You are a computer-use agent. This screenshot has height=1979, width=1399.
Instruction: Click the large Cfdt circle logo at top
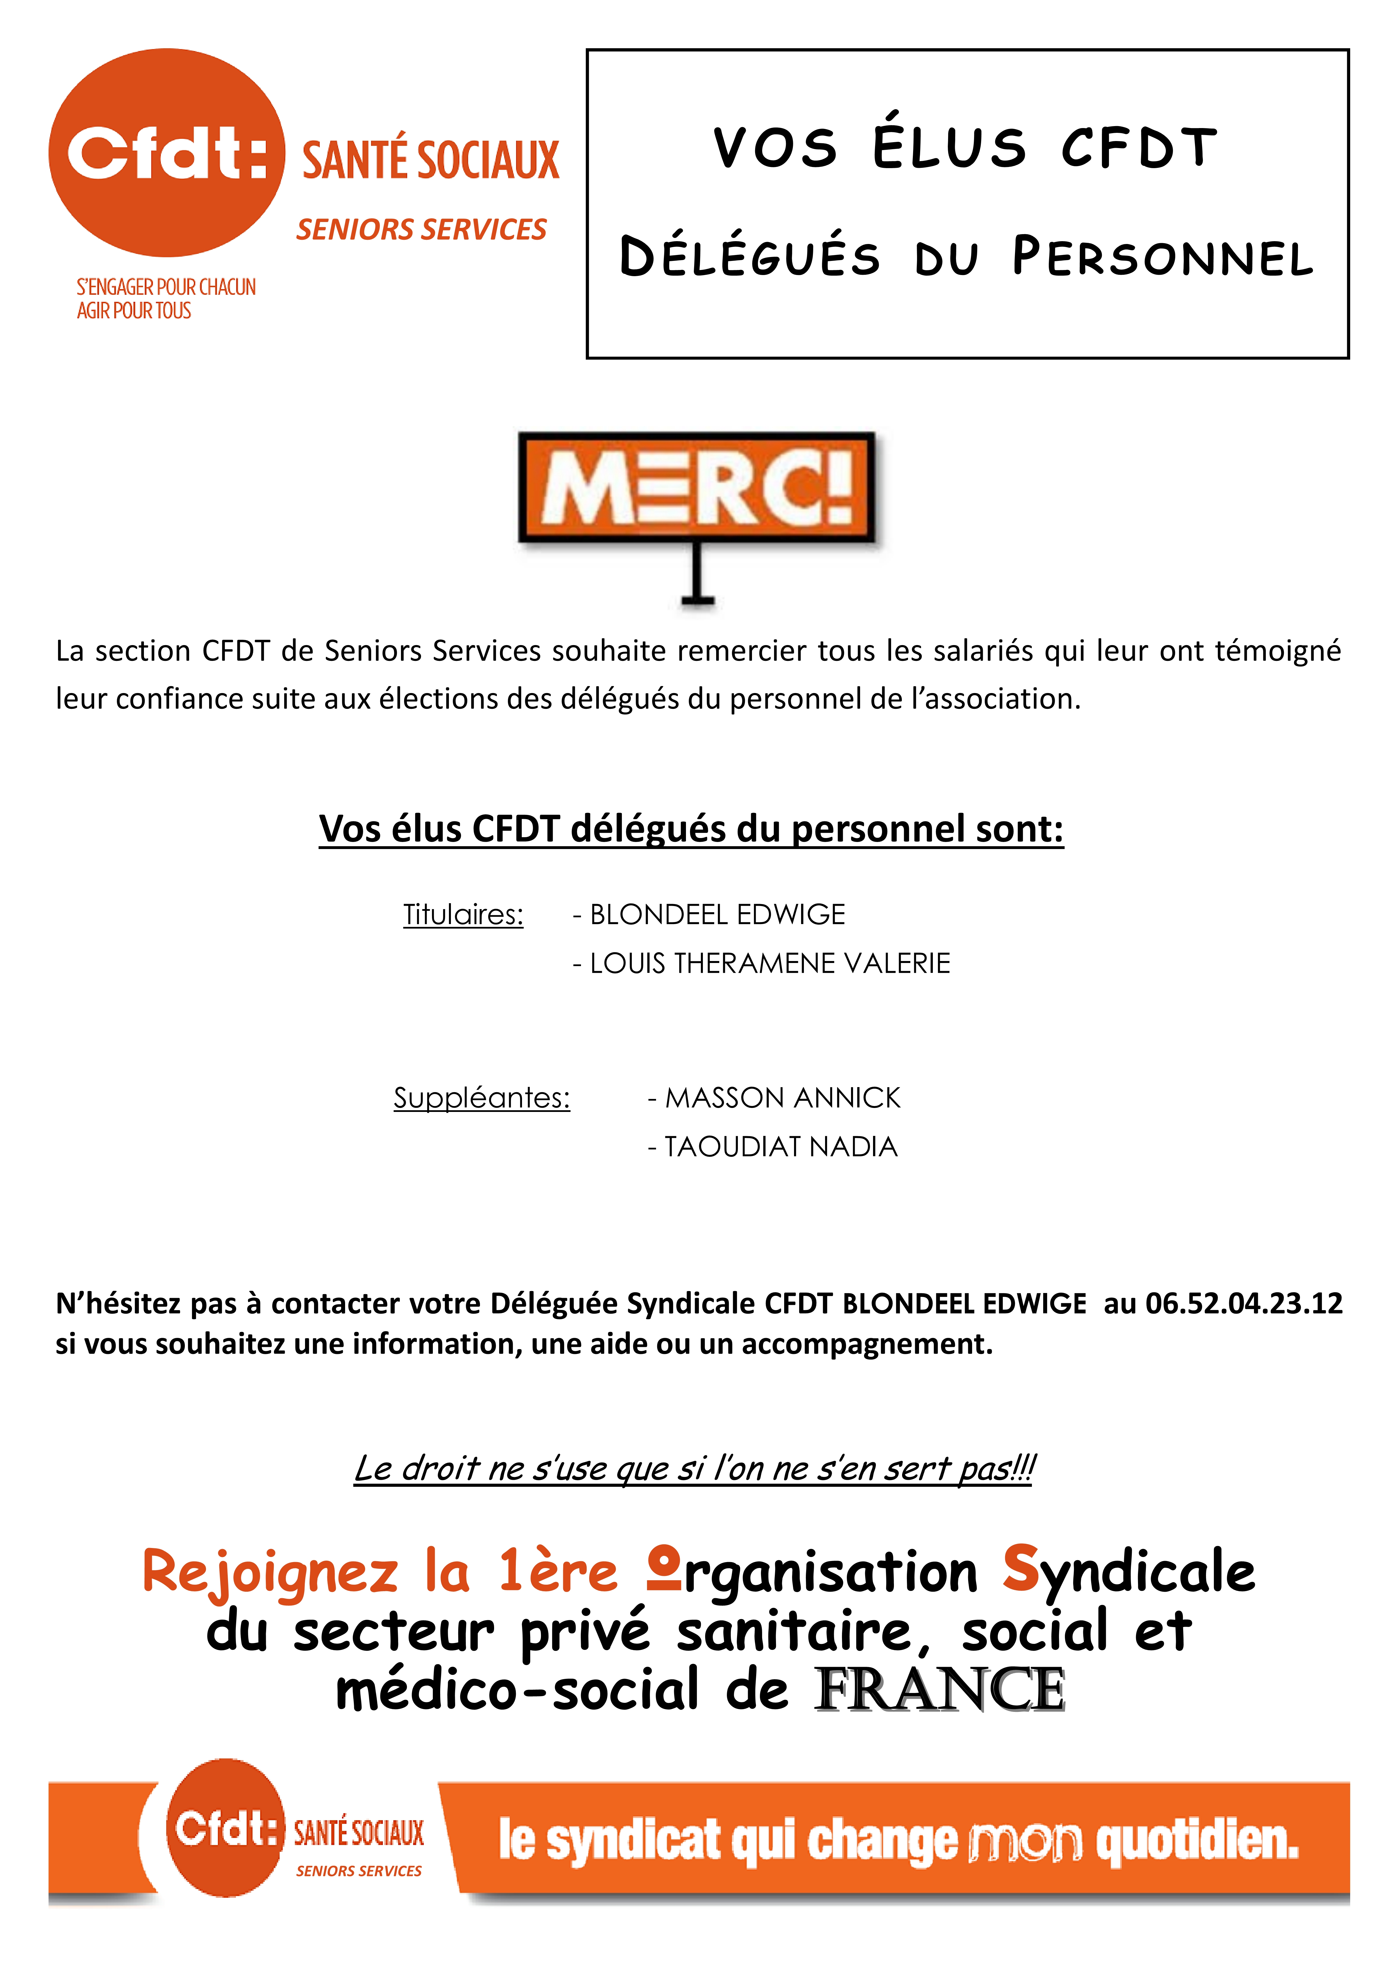pyautogui.click(x=166, y=153)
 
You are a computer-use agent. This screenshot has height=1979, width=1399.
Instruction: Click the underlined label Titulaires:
pyautogui.click(x=463, y=914)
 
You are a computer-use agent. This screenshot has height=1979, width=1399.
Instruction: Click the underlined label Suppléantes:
pyautogui.click(x=482, y=1098)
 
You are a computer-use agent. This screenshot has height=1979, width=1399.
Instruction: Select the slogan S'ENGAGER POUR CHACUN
pyautogui.click(x=166, y=287)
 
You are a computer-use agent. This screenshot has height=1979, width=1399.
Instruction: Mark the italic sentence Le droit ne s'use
pyautogui.click(x=695, y=1468)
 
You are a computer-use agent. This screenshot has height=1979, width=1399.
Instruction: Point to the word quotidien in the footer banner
pyautogui.click(x=1196, y=1841)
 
